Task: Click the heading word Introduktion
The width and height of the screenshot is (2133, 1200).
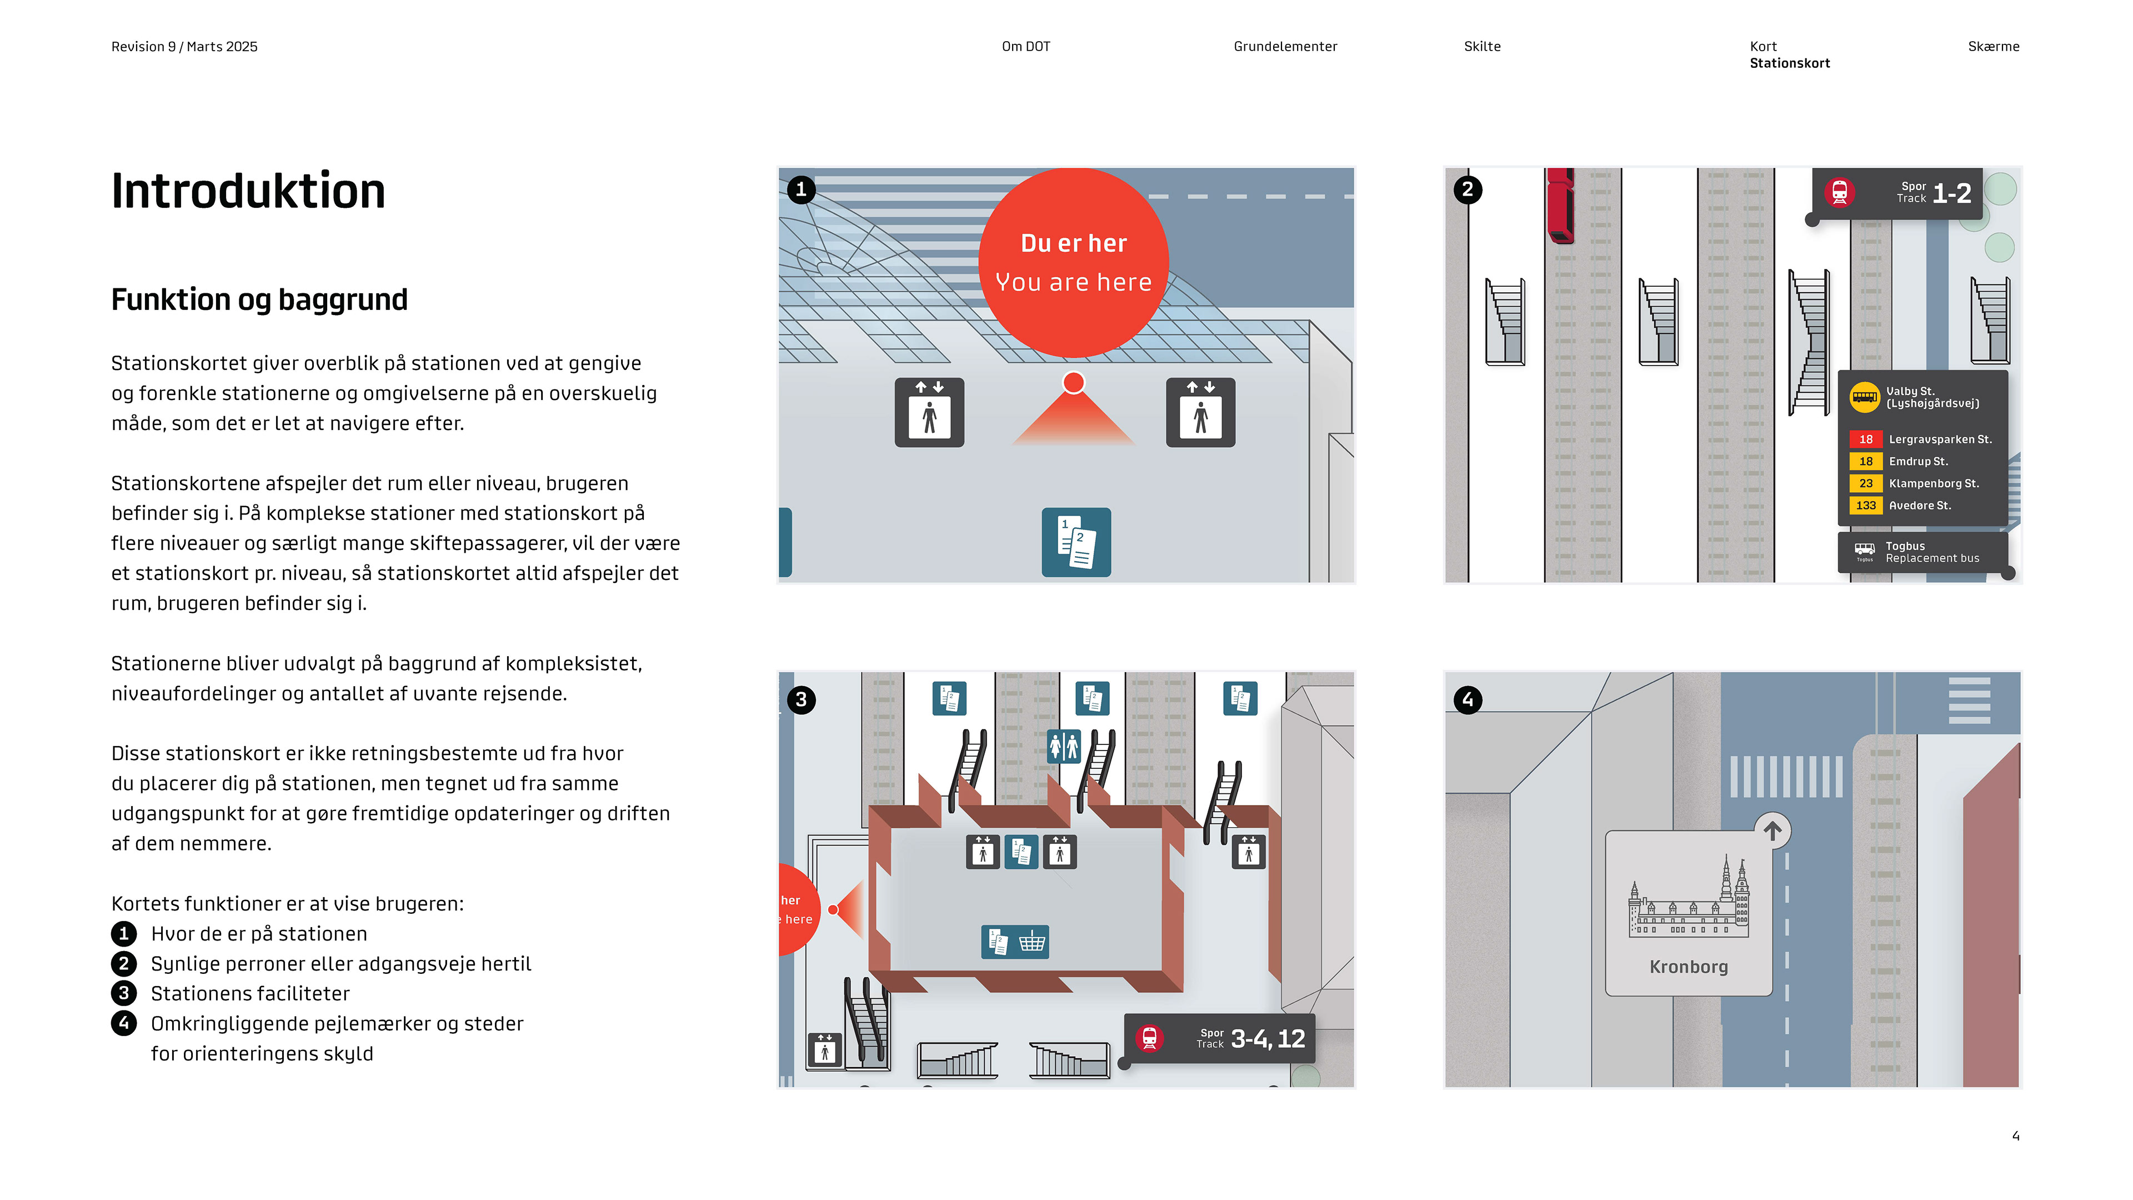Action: (248, 191)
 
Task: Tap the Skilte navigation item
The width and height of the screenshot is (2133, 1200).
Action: (1481, 46)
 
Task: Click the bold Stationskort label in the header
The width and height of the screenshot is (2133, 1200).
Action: (1789, 63)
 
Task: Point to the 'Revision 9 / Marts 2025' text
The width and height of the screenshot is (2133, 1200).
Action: (184, 46)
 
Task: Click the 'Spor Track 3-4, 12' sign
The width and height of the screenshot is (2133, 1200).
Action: (1219, 1038)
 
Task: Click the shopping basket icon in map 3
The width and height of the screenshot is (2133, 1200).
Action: (1032, 942)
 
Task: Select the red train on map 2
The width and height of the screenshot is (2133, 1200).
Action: (1559, 206)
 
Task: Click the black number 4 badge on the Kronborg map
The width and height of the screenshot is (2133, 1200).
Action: (1467, 700)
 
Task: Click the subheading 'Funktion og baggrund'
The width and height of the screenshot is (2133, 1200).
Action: (259, 299)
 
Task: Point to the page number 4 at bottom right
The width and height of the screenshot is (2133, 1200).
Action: (2015, 1136)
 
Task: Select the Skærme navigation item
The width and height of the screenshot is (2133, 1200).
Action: (1992, 46)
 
